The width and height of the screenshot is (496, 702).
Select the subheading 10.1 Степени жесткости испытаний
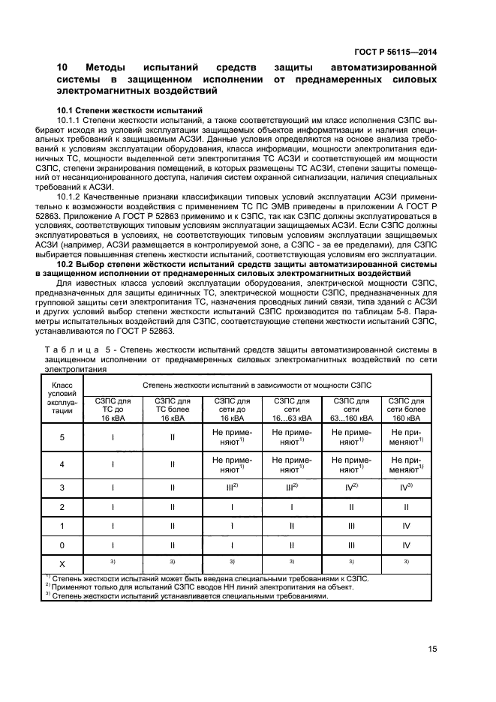pos(129,110)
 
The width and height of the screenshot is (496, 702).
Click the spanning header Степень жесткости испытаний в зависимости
pos(259,383)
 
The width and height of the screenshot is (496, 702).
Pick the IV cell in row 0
pos(407,545)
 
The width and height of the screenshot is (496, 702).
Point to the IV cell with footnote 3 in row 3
pos(407,487)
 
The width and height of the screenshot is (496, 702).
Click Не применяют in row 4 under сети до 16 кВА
pos(231,465)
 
